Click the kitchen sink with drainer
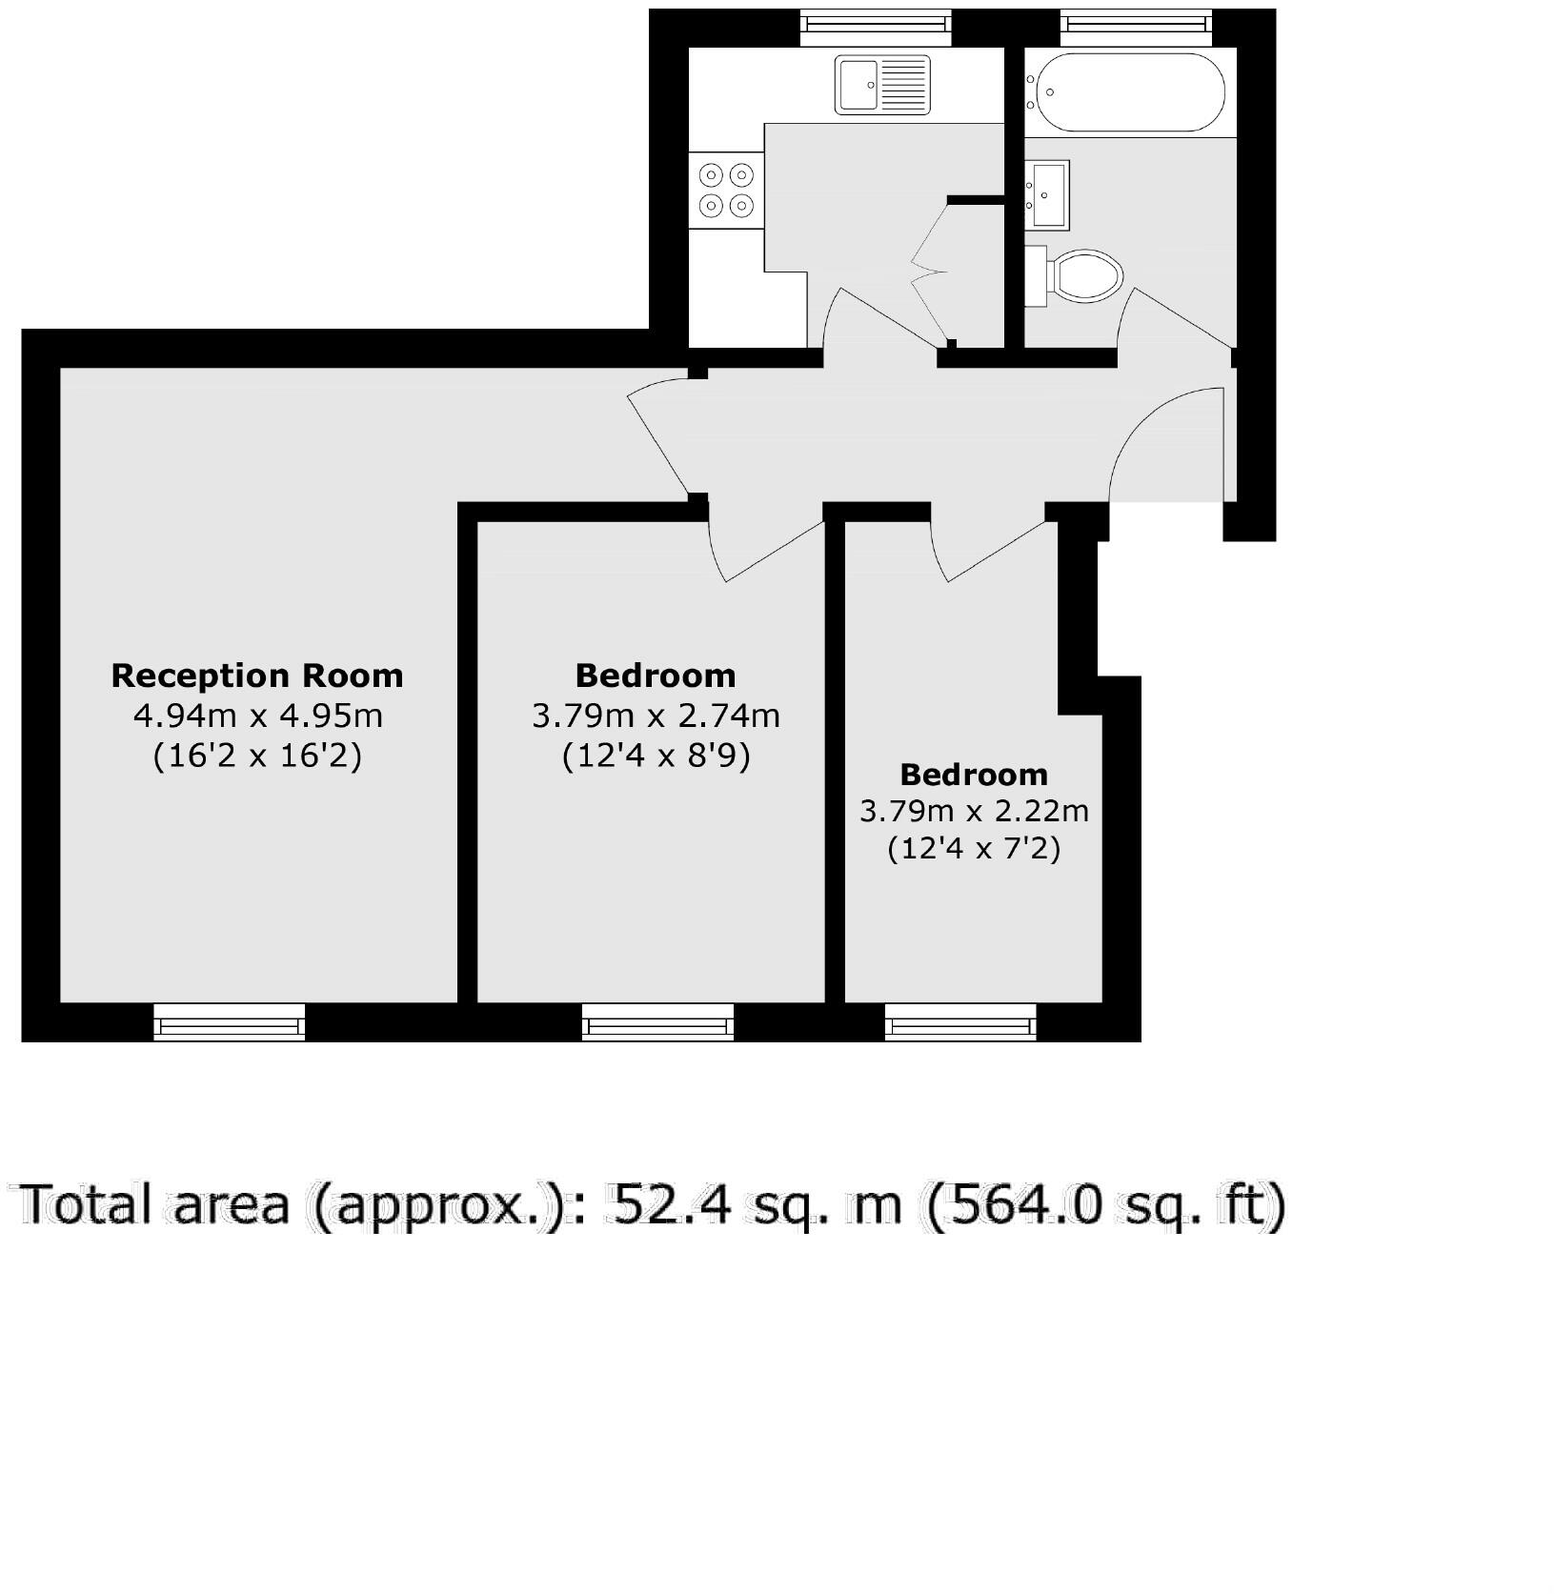point(882,85)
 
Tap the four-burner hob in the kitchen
point(727,190)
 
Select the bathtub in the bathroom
point(1127,91)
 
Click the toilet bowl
point(1083,276)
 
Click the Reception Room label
point(257,676)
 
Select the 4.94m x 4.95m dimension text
point(257,716)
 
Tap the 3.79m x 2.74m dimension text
point(656,716)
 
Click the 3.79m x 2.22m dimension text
point(974,812)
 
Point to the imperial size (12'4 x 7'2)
point(974,848)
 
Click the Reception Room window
point(230,1024)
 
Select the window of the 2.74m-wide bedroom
point(658,1024)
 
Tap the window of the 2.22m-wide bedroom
point(960,1024)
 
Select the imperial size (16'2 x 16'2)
point(257,757)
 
